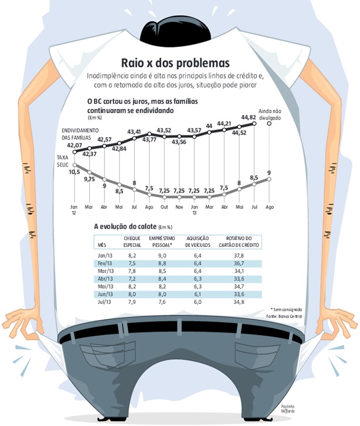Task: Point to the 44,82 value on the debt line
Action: [x=249, y=117]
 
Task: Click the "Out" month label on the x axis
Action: [x=164, y=207]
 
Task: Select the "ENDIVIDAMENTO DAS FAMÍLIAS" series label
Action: [x=79, y=133]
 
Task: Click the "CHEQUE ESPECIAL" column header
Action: [x=131, y=241]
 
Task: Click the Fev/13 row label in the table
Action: [x=106, y=263]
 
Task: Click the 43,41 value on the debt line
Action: [x=134, y=131]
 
